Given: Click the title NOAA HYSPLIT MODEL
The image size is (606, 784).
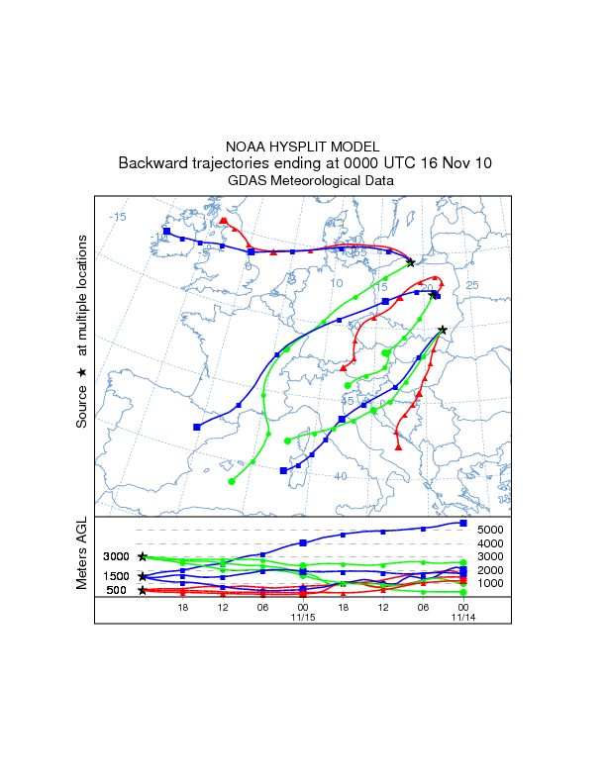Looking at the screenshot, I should click(303, 147).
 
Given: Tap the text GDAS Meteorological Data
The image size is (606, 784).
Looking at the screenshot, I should click(303, 180).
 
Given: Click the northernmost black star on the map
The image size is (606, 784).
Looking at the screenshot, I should click(411, 262).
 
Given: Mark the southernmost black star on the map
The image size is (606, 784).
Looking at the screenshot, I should click(443, 330).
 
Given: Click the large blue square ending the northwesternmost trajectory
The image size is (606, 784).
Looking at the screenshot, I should click(167, 232).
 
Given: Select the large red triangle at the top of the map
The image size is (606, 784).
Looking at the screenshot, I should click(224, 222).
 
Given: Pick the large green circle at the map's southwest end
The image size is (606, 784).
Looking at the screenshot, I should click(232, 481).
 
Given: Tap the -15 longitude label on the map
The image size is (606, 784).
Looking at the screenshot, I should click(118, 217).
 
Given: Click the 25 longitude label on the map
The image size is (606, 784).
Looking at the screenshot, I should click(472, 285).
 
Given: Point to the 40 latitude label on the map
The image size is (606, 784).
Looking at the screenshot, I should click(340, 476).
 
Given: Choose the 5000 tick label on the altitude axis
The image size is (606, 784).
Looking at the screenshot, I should click(492, 530).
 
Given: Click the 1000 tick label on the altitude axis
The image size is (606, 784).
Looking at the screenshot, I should click(492, 583).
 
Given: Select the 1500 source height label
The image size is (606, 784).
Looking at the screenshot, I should click(117, 576).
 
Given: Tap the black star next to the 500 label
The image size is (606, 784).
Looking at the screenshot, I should click(143, 590).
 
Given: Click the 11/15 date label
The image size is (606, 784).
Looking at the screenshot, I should click(303, 617).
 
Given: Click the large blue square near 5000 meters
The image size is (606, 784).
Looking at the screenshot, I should click(463, 523).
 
